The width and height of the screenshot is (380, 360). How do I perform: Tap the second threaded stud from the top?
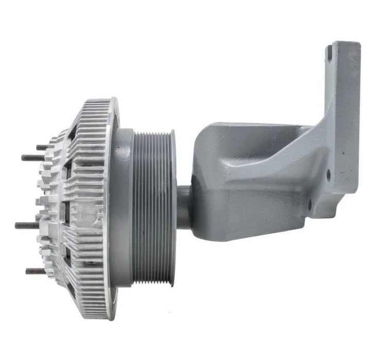[x=30, y=158]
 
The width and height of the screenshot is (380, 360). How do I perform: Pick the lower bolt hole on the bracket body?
[x=309, y=209]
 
